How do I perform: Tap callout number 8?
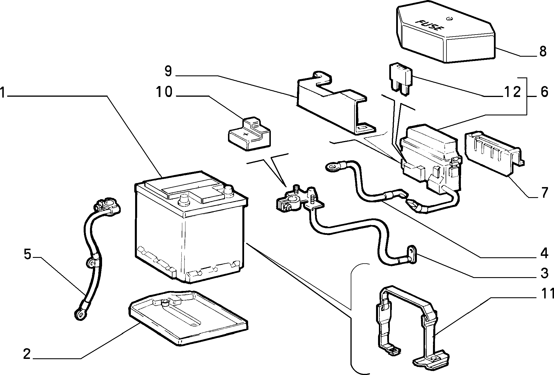(x=543, y=52)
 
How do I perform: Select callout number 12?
(x=513, y=92)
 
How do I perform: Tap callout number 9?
(x=168, y=71)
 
